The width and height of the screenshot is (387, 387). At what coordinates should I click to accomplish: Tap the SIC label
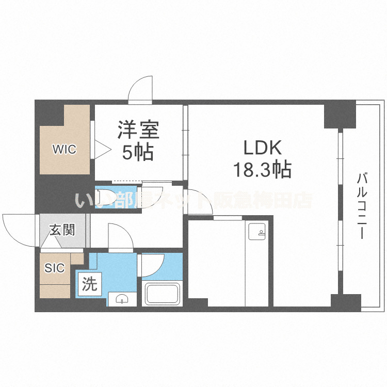click(54, 268)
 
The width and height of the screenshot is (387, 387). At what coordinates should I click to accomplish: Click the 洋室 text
click(138, 130)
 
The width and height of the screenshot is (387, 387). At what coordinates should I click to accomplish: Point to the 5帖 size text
click(137, 152)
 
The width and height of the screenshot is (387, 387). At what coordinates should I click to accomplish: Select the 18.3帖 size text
click(263, 169)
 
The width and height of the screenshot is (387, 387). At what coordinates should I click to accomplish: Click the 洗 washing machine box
click(89, 285)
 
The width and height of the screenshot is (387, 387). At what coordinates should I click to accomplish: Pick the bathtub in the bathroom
click(162, 294)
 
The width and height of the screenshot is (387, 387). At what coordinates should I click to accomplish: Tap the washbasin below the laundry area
click(122, 299)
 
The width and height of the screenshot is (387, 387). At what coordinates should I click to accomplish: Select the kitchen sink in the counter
click(256, 233)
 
